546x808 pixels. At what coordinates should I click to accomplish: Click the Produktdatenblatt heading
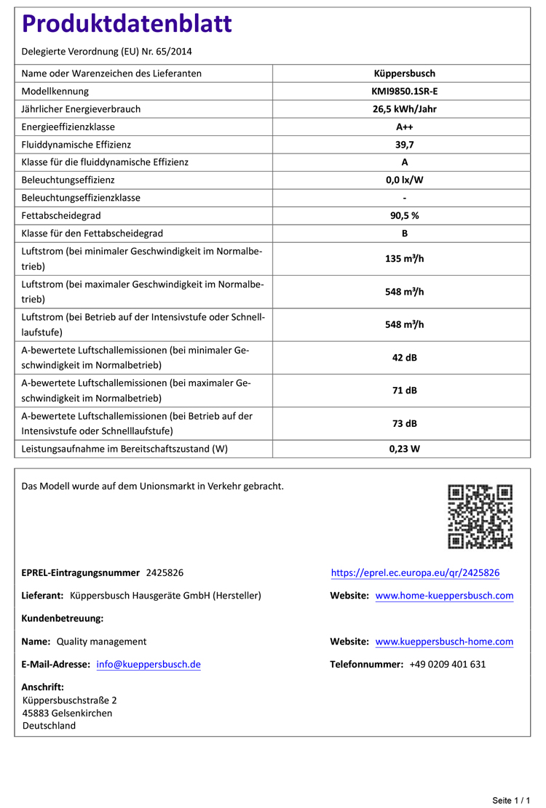[x=127, y=24]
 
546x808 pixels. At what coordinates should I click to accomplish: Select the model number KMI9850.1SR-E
[x=404, y=91]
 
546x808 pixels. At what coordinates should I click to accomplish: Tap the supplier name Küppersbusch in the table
[x=404, y=73]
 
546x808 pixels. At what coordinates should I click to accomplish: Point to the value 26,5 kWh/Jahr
[x=404, y=109]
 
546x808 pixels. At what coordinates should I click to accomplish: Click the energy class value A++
[x=404, y=127]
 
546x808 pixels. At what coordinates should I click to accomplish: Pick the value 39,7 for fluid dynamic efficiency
[x=404, y=145]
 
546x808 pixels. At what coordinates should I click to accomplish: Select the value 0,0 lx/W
[x=404, y=180]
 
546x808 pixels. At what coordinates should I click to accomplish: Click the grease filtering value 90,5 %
[x=404, y=215]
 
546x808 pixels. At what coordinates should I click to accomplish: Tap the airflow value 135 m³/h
[x=404, y=259]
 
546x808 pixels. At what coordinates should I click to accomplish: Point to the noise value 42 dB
[x=404, y=358]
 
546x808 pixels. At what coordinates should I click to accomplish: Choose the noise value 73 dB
[x=404, y=423]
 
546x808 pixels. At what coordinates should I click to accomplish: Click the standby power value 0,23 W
[x=404, y=449]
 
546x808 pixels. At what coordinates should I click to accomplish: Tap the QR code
[x=480, y=516]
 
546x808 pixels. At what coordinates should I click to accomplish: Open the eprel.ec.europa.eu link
[x=415, y=573]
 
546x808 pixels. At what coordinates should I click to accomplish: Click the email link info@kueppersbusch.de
[x=149, y=664]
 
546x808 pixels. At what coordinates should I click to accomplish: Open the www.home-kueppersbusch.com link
[x=444, y=596]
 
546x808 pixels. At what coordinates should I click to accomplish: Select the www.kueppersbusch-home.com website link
[x=444, y=641]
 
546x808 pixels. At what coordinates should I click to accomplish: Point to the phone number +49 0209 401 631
[x=447, y=664]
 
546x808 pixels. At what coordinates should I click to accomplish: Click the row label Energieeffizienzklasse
[x=74, y=127]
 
